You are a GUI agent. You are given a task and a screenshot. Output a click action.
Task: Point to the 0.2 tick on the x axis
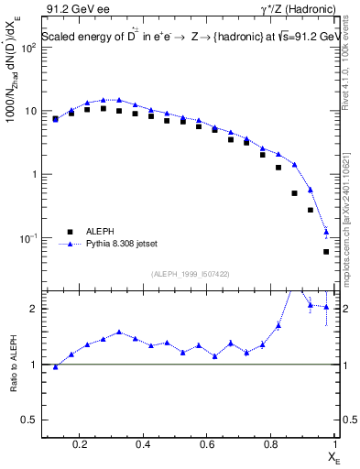[82, 445]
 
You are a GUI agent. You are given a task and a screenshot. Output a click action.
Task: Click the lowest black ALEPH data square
[327, 252]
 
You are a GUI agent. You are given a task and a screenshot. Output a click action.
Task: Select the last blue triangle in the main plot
[327, 231]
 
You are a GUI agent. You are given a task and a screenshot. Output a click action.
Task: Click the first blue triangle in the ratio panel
[55, 366]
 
